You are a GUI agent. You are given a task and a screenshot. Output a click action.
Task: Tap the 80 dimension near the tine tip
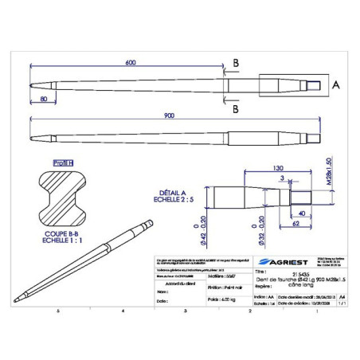pyautogui.click(x=42, y=98)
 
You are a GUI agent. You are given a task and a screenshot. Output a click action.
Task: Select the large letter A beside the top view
pyautogui.click(x=336, y=84)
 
